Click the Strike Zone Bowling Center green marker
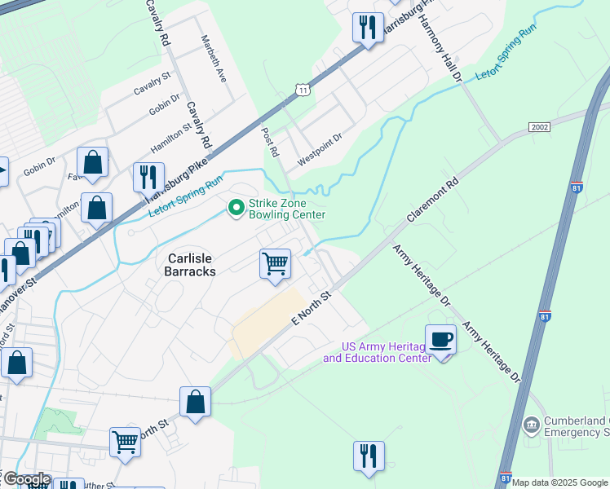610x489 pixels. point(236,209)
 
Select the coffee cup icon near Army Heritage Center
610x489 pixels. point(440,339)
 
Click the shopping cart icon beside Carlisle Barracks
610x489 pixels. point(275,264)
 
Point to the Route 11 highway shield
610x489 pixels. point(303,89)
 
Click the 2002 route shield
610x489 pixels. point(539,127)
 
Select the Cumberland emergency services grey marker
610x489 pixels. point(532,425)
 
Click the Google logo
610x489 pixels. point(26,479)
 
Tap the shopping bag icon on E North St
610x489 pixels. point(196,402)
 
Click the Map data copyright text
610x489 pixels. point(559,482)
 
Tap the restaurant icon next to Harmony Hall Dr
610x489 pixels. point(368,27)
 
